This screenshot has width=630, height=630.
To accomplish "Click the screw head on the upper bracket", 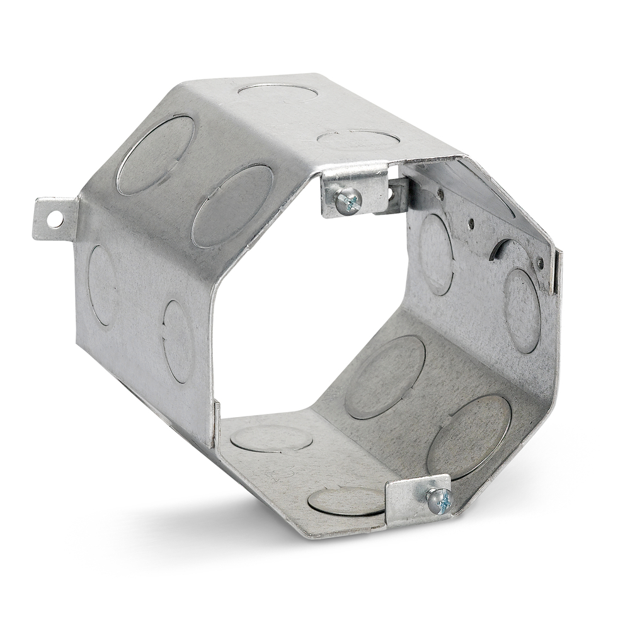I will tap(348, 201).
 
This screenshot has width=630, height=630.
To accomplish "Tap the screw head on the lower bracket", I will tap(440, 501).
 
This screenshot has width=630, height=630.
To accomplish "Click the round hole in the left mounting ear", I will tap(55, 219).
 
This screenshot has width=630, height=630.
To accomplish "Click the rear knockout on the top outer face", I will tap(277, 92).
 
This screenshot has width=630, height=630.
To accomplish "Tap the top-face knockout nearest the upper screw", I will tap(358, 139).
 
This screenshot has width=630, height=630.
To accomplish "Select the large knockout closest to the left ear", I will tap(155, 155).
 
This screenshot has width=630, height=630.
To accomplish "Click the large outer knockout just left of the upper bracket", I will tap(232, 205).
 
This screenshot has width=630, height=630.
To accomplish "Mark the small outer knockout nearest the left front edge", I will tap(178, 341).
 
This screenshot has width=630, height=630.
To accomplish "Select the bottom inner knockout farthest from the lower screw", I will tap(272, 438).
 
